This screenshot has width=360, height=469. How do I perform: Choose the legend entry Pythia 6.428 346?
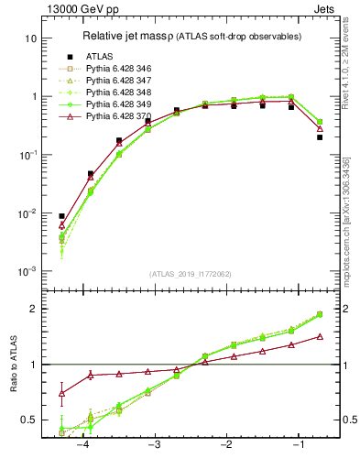[x=117, y=68]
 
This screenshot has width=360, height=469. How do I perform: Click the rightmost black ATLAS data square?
[x=320, y=136]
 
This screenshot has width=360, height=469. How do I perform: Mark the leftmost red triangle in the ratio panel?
[x=61, y=393]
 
